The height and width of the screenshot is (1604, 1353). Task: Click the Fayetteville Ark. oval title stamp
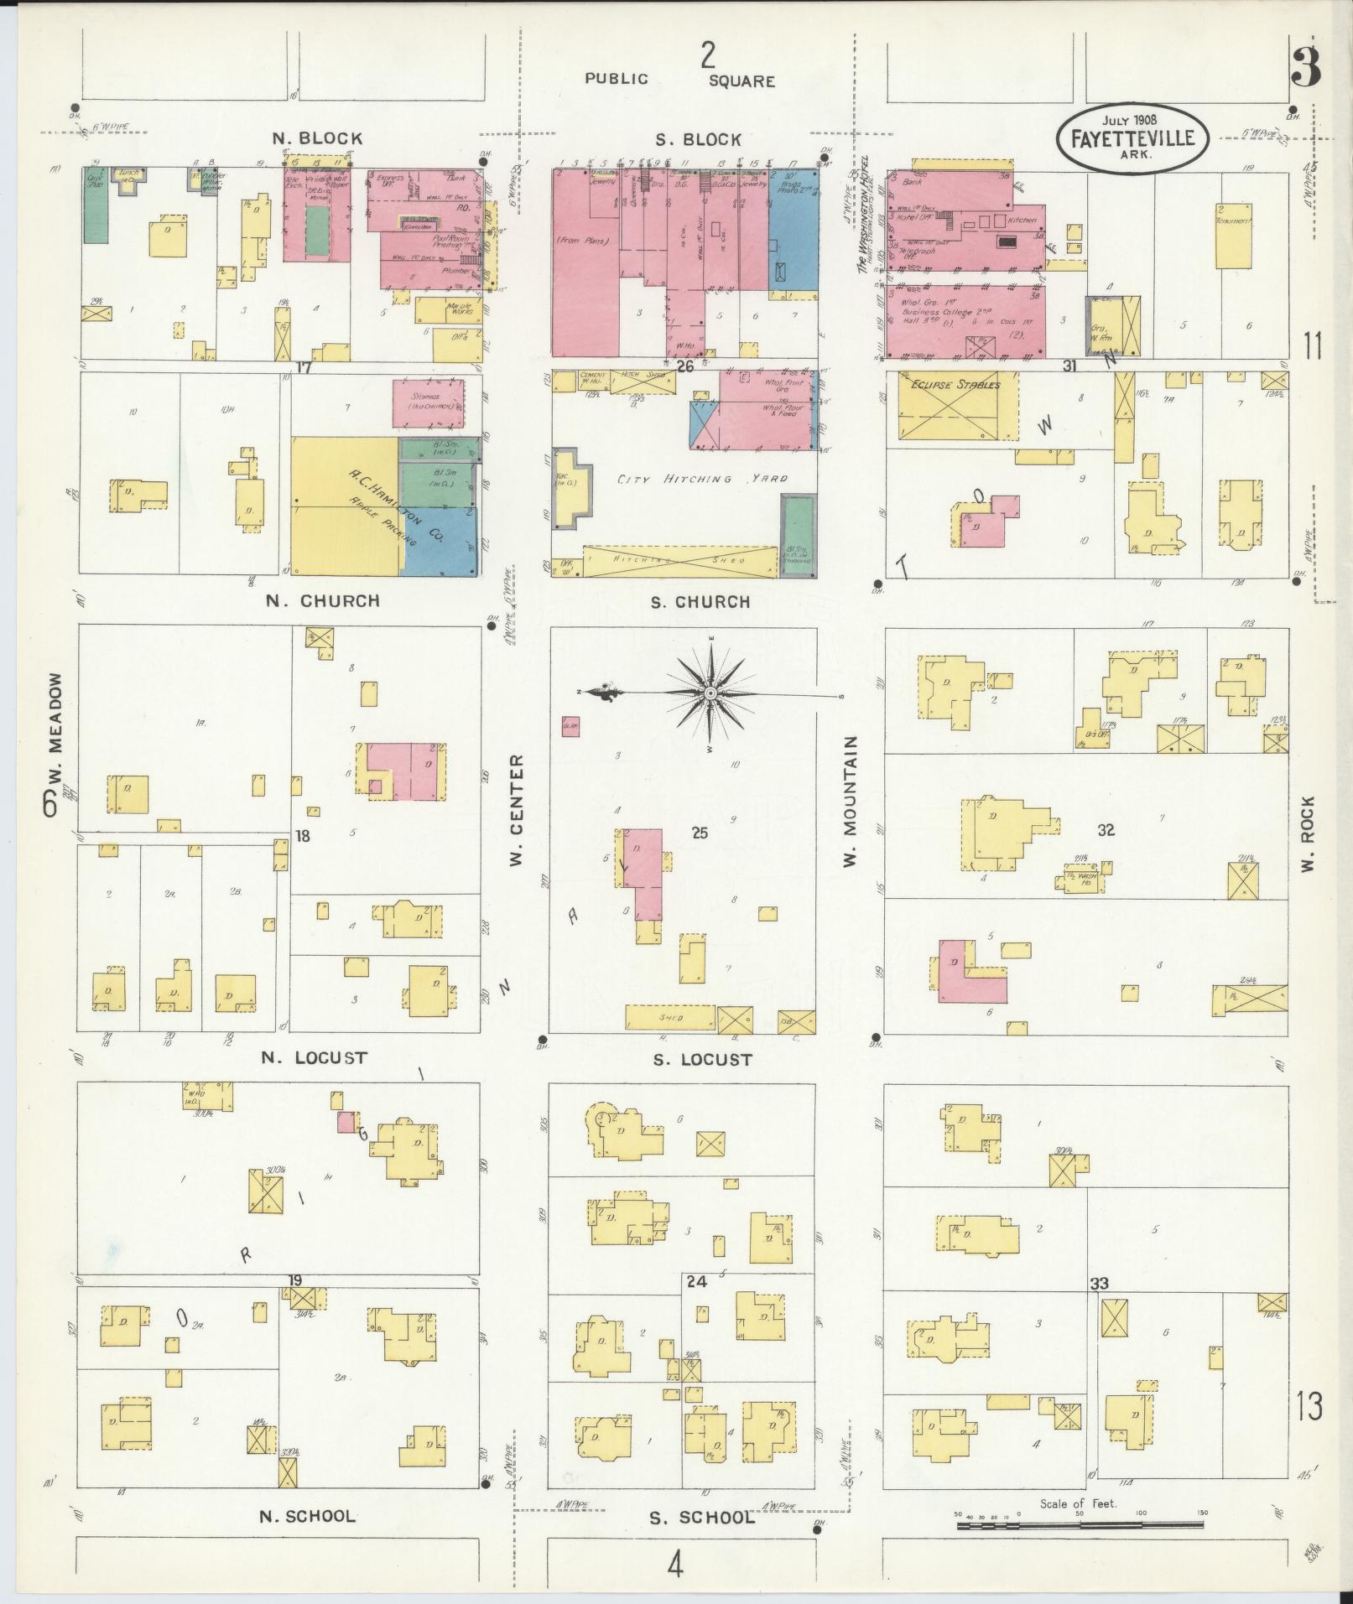point(1132,138)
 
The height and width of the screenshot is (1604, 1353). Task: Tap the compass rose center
point(710,693)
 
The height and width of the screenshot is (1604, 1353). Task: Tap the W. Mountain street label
point(851,801)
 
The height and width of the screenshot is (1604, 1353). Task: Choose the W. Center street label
point(516,811)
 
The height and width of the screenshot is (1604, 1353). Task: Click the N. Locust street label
point(314,1058)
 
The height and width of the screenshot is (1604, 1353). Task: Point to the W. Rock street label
point(1309,834)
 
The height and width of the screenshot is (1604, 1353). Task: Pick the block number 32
point(1106,830)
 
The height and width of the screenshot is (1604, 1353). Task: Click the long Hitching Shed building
point(679,561)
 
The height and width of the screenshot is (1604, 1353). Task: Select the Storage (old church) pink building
point(428,403)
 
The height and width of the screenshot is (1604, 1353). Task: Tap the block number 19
point(294,1303)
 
